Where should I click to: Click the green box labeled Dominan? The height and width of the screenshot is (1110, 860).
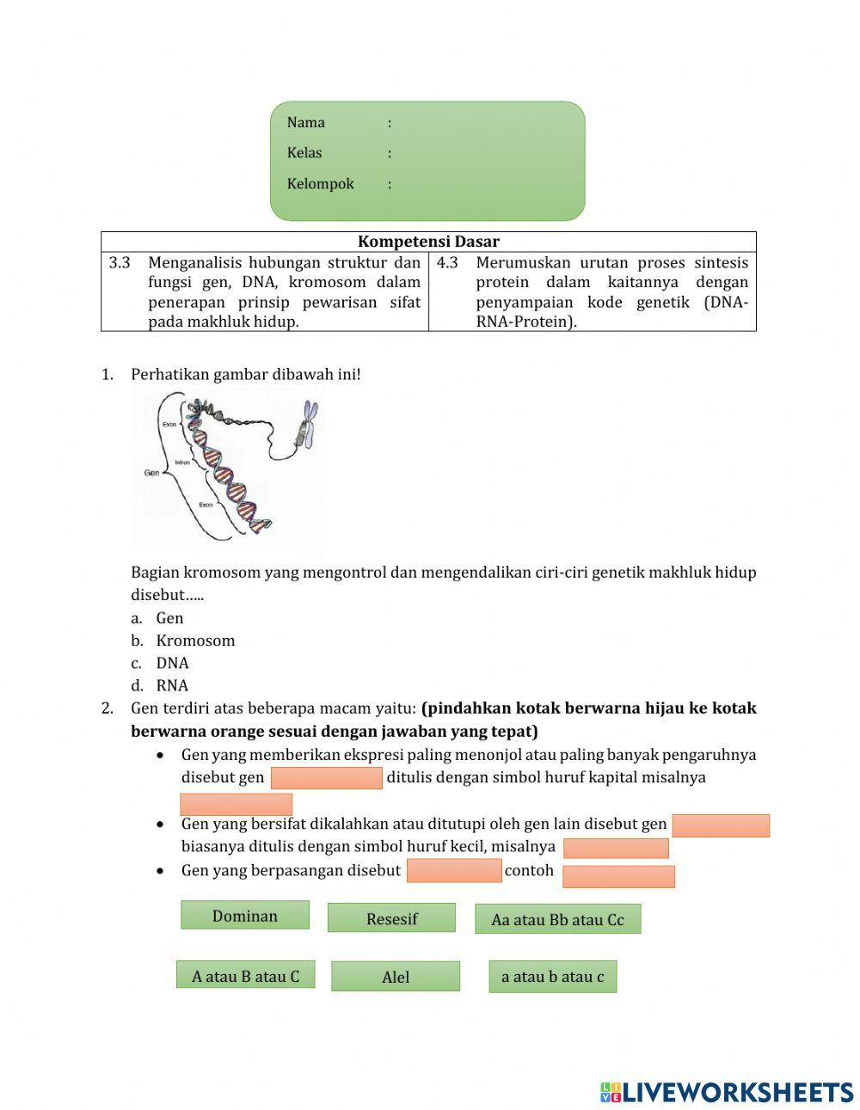point(244,916)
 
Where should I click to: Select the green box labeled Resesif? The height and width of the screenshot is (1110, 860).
point(391,918)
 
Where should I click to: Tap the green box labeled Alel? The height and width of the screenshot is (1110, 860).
point(395,977)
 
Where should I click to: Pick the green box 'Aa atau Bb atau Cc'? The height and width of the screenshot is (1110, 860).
point(557,919)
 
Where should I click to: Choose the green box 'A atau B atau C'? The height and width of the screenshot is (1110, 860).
point(245,976)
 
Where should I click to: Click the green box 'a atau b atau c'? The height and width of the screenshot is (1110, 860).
point(552,977)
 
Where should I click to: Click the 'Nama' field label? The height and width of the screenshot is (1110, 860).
point(305,122)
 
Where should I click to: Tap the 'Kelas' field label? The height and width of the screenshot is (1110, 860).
point(304,153)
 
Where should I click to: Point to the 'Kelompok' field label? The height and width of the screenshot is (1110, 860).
point(320,184)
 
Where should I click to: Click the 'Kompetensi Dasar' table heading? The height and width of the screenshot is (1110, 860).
point(428,242)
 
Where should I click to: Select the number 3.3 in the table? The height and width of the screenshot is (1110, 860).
point(120,263)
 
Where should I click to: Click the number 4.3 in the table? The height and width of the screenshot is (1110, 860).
point(447,263)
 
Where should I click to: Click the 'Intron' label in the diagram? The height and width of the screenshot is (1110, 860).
point(182,463)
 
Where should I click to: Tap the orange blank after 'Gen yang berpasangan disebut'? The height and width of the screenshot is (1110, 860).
point(453,870)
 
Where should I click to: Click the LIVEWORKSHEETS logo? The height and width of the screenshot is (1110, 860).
point(727,1092)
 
